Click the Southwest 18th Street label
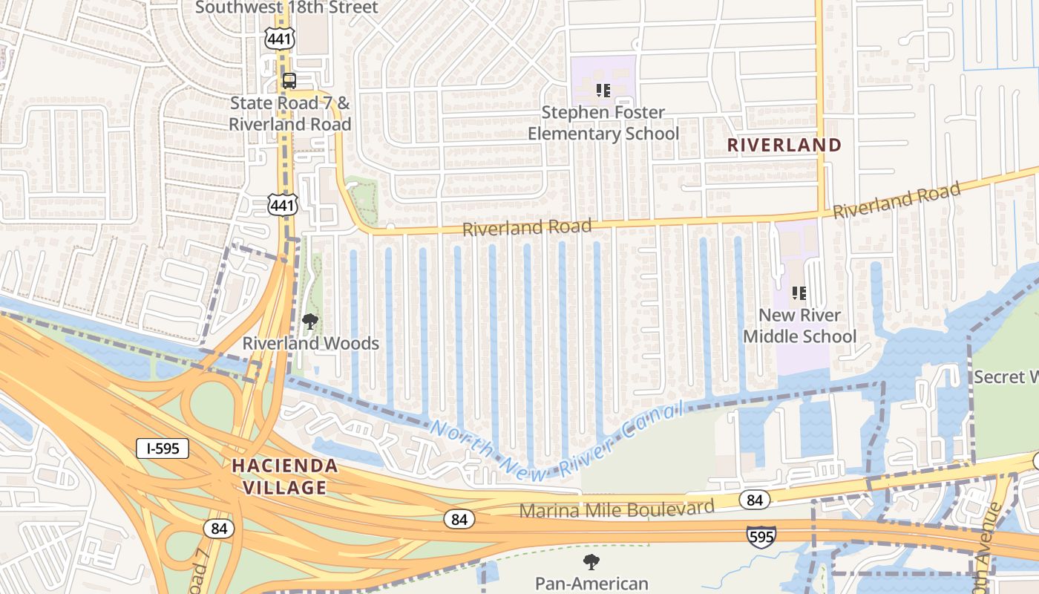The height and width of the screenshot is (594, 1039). (x=286, y=7)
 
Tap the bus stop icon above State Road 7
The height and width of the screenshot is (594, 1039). (x=289, y=80)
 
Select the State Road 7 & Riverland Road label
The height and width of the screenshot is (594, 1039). (x=289, y=114)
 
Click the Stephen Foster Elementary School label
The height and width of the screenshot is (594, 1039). (x=603, y=123)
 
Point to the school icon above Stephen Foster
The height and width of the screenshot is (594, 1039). (x=603, y=91)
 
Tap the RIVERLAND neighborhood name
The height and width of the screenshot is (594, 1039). (x=784, y=145)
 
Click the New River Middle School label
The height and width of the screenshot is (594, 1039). (x=799, y=326)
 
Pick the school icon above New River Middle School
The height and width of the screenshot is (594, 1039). (x=799, y=293)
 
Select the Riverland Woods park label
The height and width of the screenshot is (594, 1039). (x=311, y=343)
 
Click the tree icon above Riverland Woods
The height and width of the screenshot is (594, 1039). (x=310, y=322)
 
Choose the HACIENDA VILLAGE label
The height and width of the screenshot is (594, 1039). (x=285, y=477)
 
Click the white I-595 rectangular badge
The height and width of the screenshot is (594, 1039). (x=163, y=448)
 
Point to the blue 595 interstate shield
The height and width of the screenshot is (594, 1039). (x=761, y=536)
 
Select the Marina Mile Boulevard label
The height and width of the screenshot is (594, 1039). (x=616, y=509)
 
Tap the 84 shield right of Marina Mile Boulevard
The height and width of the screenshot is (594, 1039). (x=754, y=500)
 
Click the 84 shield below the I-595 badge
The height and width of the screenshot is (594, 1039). (x=219, y=529)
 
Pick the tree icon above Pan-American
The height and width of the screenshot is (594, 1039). (x=591, y=561)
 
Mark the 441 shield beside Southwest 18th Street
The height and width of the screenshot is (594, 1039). (x=280, y=39)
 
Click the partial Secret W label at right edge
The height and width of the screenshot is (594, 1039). (x=1006, y=377)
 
